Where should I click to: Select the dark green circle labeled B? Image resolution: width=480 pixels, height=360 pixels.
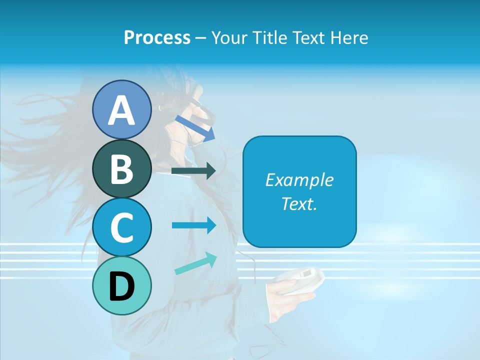(x=122, y=169)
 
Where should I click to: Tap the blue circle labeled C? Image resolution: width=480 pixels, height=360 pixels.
(x=122, y=227)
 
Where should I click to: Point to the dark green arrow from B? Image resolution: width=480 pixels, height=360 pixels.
(x=193, y=171)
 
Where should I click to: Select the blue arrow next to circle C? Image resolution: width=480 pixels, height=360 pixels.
(x=193, y=225)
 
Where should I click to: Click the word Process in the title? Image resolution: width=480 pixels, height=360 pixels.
(x=157, y=38)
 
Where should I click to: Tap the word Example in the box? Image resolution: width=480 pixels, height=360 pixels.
(x=299, y=180)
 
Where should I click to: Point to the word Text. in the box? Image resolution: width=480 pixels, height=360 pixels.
(x=299, y=203)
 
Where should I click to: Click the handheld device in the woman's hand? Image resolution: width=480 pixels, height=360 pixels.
(x=300, y=280)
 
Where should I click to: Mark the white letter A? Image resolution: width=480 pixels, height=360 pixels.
(x=122, y=110)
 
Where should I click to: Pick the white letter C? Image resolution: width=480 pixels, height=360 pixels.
(x=122, y=227)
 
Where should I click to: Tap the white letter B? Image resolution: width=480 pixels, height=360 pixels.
(x=122, y=169)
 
